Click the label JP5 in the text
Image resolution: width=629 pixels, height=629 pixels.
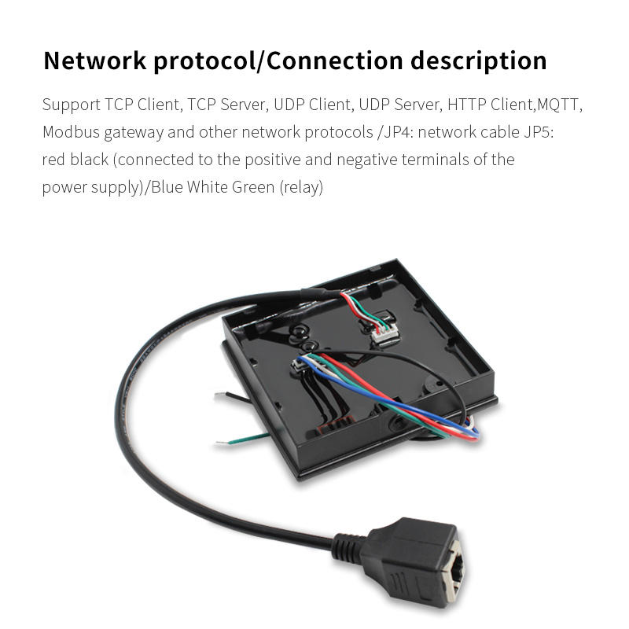(539, 132)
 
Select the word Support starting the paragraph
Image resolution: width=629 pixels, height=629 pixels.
(71, 105)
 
